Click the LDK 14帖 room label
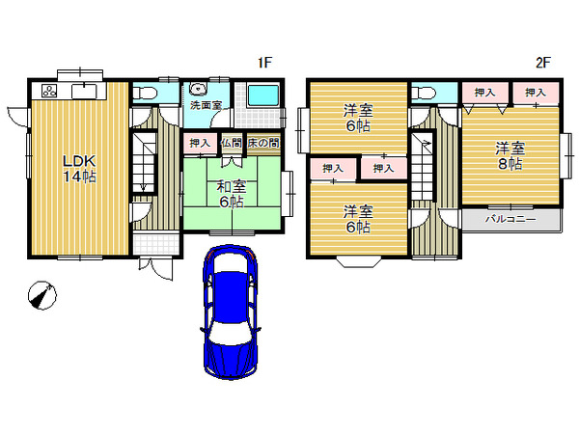(x=79, y=169)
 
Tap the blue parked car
(x=231, y=312)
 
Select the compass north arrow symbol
(x=42, y=295)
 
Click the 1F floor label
(x=264, y=63)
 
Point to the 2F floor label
(x=543, y=63)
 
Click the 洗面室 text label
(x=206, y=105)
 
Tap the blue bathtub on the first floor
(x=263, y=95)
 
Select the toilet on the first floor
(x=144, y=92)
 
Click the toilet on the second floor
(x=423, y=92)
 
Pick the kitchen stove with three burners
(x=50, y=91)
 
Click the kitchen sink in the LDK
(x=85, y=91)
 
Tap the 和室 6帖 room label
(x=232, y=194)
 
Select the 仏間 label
(x=232, y=143)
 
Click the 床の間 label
(x=263, y=143)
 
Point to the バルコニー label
(x=510, y=219)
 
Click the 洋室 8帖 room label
(x=510, y=156)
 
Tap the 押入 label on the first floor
(x=200, y=143)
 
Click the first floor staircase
(x=143, y=162)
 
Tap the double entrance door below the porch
(x=155, y=266)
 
